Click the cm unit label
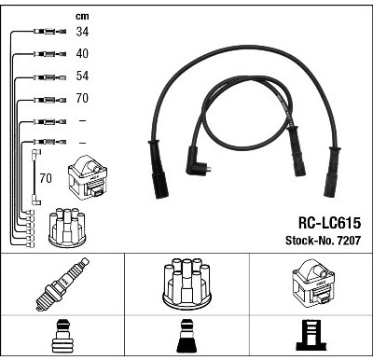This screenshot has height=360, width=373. click(82, 17)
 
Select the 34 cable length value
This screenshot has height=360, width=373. click(82, 32)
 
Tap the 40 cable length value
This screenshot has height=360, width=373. click(82, 53)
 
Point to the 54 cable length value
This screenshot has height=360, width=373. click(82, 76)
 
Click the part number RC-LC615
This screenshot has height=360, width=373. click(329, 223)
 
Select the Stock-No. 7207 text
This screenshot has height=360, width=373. click(324, 241)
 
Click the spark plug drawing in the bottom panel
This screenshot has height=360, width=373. click(62, 284)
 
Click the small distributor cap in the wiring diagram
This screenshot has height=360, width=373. click(67, 228)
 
